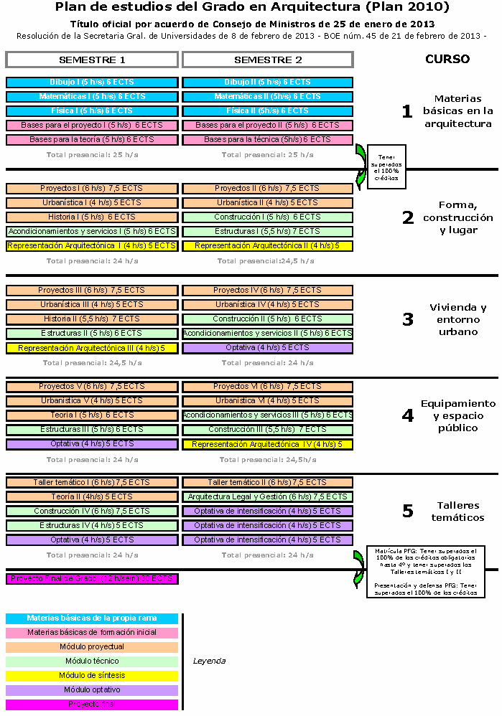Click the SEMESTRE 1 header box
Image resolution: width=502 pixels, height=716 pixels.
92,60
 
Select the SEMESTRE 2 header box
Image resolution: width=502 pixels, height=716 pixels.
268,60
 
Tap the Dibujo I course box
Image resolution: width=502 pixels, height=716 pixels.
92,83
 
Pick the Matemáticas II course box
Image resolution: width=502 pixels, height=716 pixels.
268,97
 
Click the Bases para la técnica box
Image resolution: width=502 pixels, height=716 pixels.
268,140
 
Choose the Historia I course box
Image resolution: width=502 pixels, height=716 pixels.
92,217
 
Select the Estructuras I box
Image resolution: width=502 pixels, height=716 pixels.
268,232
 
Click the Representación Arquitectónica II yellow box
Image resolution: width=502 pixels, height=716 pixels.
268,246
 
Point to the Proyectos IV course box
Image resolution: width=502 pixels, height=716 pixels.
268,291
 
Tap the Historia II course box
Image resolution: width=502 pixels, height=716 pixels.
92,319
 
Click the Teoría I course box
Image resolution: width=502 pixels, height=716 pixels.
92,415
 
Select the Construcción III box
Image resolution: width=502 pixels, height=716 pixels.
268,430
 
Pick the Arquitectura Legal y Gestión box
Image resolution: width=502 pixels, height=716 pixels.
268,497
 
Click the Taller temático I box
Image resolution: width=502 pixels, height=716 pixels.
92,483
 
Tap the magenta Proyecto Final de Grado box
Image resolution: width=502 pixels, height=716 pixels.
92,578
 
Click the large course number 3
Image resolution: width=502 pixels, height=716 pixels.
407,319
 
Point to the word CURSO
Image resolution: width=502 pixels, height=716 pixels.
447,60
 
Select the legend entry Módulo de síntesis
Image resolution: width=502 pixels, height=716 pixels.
92,676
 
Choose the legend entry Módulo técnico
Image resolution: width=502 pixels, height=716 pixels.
92,661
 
